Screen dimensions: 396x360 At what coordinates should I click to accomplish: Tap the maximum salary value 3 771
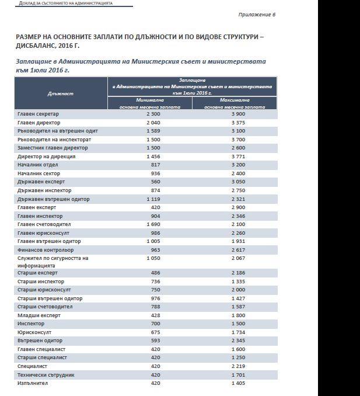tap(238, 157)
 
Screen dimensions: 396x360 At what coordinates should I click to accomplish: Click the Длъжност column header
tap(61, 93)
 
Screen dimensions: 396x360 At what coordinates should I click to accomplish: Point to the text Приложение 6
tap(256, 14)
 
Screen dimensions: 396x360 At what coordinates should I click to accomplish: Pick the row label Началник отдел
tap(38, 165)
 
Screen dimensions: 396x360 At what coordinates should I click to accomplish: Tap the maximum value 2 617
tap(238, 249)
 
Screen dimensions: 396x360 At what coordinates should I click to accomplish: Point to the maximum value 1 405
tap(238, 383)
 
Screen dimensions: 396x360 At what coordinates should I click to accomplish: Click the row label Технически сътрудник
tap(46, 374)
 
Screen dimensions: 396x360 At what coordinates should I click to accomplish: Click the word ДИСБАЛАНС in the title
tap(40, 44)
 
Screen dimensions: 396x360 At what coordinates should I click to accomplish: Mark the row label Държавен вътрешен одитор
tap(54, 199)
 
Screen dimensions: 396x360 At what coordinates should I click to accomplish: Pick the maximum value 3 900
tap(238, 114)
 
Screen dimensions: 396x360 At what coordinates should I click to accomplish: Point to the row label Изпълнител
tap(34, 383)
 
